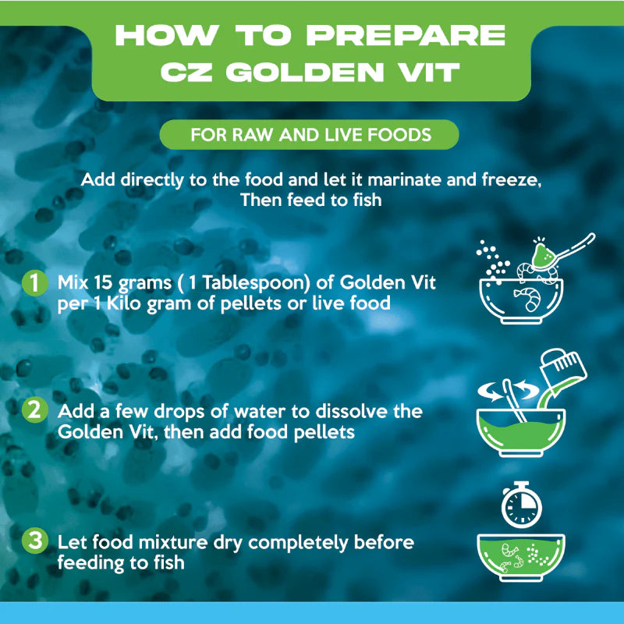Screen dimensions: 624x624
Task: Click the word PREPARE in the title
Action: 406,35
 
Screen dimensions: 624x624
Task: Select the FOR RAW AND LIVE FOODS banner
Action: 309,134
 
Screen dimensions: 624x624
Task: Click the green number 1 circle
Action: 35,282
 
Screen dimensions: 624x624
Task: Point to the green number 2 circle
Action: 35,410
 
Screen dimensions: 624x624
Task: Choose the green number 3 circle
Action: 35,541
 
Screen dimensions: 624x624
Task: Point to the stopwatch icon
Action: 521,505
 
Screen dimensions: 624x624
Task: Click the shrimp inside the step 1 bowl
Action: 528,298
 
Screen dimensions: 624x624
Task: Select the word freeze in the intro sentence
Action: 511,180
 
